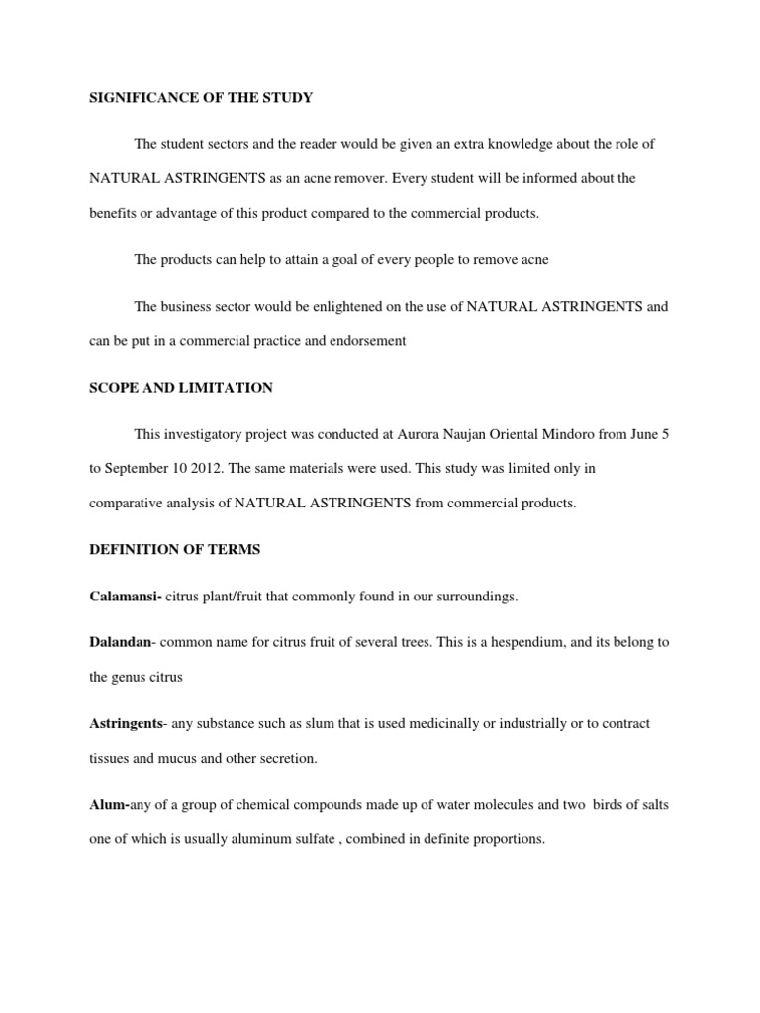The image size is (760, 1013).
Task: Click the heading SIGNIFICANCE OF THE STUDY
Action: coord(201,97)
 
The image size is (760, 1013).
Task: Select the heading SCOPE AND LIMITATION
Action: coord(181,388)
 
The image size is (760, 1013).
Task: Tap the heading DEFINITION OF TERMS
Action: coord(174,549)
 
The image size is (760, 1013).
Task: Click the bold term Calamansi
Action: coord(125,597)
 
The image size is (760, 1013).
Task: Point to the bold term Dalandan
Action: coord(121,642)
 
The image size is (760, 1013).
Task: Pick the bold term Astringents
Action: coord(126,724)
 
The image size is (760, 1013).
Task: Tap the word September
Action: coord(137,468)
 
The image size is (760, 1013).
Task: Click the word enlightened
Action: coord(325,307)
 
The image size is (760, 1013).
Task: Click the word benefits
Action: coord(116,214)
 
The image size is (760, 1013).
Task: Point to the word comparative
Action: coord(130,503)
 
